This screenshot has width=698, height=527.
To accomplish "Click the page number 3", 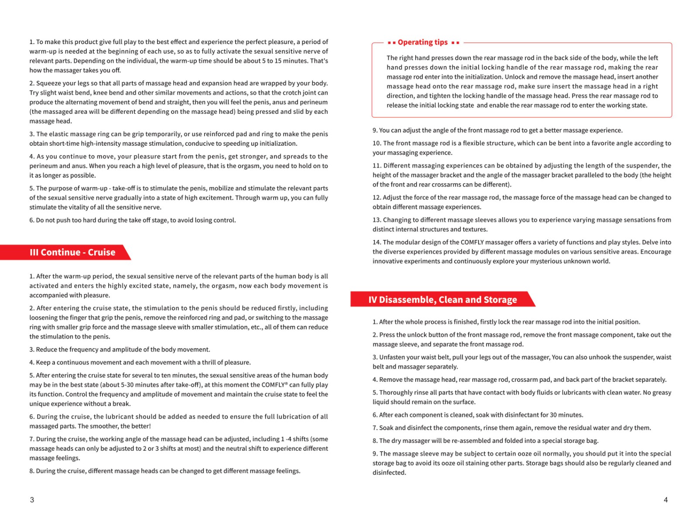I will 32,500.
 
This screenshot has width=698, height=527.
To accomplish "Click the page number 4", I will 666,500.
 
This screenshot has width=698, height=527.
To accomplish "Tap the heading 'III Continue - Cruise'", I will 72,252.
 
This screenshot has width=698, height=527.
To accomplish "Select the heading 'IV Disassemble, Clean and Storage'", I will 442,300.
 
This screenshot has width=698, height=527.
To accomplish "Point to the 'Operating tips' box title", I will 423,42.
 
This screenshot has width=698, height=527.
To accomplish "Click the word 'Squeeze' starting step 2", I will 48,83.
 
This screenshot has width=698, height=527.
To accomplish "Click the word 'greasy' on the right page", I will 662,393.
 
